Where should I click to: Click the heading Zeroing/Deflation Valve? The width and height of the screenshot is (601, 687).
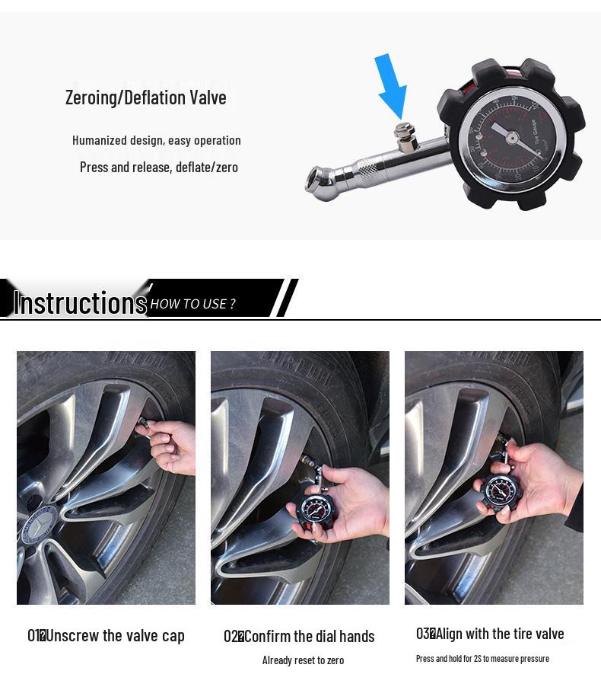(x=145, y=97)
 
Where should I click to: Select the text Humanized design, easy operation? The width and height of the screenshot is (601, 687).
(x=156, y=140)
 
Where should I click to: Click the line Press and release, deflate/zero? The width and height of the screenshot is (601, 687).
(x=158, y=167)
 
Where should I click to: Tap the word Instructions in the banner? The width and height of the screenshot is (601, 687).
(x=80, y=302)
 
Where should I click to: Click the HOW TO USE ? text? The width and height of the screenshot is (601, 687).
(x=192, y=304)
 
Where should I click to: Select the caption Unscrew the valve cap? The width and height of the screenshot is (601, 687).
(x=115, y=635)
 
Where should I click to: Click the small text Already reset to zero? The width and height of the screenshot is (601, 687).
(x=303, y=660)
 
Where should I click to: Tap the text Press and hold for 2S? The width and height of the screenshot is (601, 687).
(x=482, y=658)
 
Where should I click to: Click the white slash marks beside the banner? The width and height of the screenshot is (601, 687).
(x=286, y=298)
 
